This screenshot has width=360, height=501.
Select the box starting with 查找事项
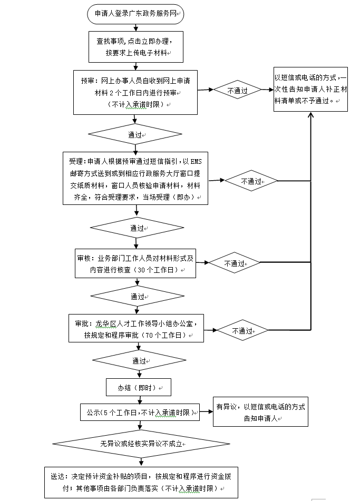click(x=136, y=47)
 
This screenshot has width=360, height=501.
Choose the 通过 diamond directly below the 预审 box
click(x=137, y=135)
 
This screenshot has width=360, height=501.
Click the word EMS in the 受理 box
click(x=195, y=162)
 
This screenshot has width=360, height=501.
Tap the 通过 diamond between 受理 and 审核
click(x=137, y=228)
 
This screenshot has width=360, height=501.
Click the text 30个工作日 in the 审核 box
click(x=157, y=270)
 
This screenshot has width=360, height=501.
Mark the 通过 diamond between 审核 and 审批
click(x=137, y=297)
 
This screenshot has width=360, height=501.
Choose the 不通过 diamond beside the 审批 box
click(x=242, y=331)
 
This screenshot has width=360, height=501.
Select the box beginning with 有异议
click(x=260, y=412)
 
